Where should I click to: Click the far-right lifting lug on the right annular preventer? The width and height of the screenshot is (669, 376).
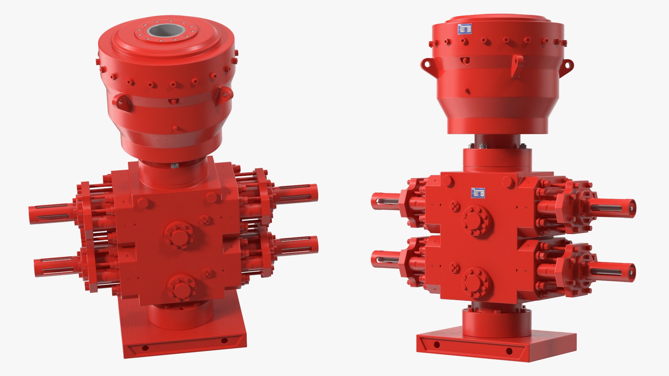click(x=569, y=65)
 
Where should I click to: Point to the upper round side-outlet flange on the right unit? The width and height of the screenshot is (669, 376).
click(x=477, y=221)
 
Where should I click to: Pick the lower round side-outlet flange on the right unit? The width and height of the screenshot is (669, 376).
click(x=477, y=283)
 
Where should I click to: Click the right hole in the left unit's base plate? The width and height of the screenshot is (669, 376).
click(x=224, y=340)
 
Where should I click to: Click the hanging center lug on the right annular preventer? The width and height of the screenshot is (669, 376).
click(x=517, y=66)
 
